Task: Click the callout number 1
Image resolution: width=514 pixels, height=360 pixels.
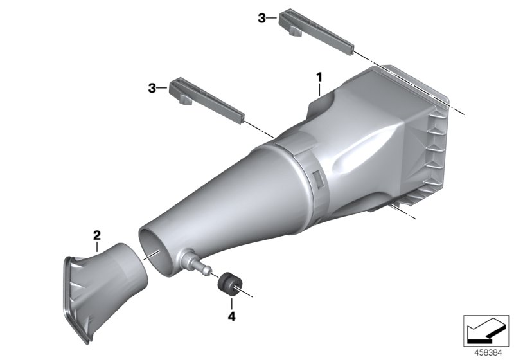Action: click(x=318, y=78)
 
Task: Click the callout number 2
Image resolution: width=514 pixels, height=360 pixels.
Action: click(x=96, y=235)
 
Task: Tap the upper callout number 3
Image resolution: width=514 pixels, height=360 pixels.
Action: click(x=261, y=19)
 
